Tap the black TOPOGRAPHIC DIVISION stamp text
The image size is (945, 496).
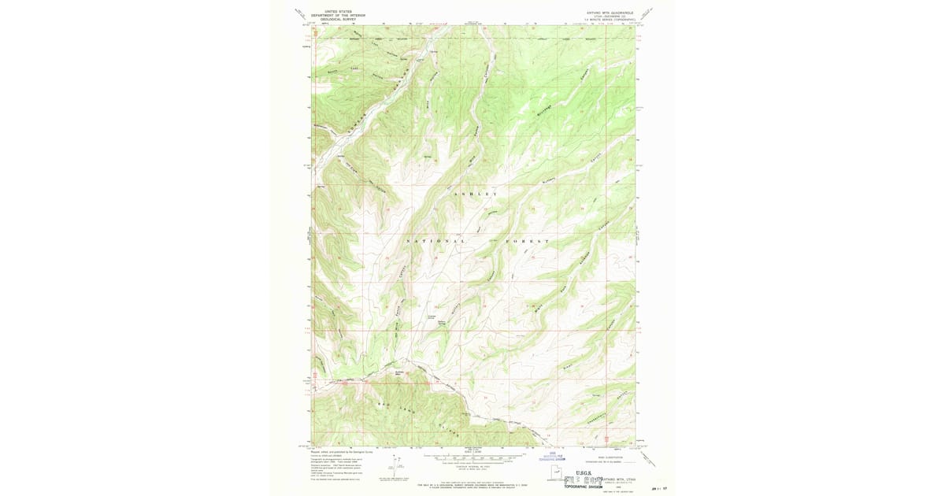click(587, 487)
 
